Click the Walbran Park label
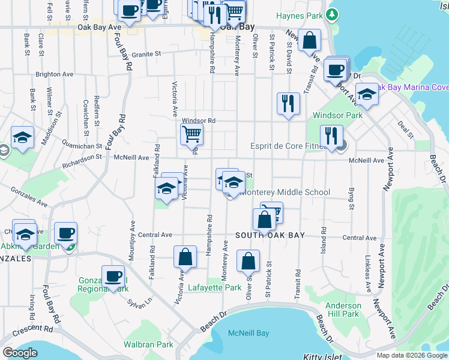148,344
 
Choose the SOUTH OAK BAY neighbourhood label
270,235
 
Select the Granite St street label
147,53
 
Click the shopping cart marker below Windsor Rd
191,134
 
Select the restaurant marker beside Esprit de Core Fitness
331,136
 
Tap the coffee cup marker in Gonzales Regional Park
113,276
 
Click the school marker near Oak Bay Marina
367,94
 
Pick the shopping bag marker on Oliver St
248,261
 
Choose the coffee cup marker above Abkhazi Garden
65,232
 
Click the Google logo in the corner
20,353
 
